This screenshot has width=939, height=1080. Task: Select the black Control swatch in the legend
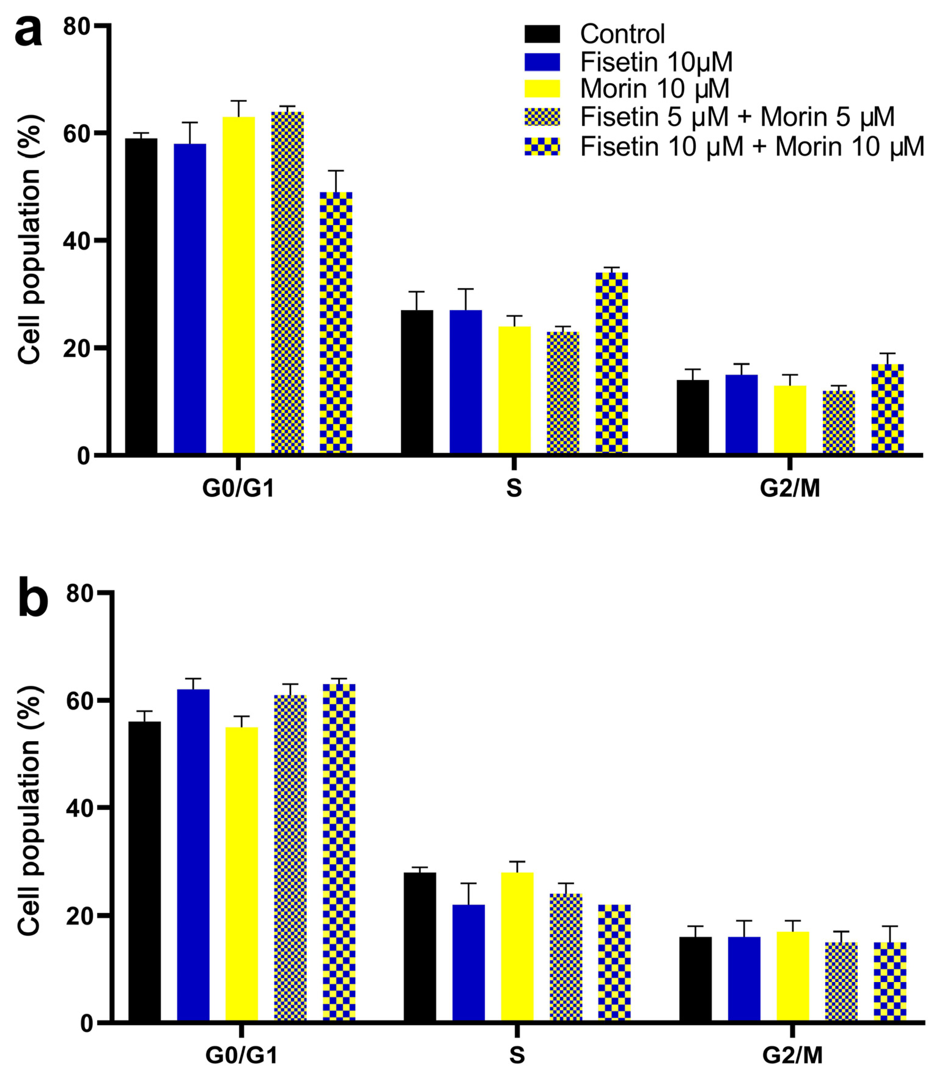tap(542, 34)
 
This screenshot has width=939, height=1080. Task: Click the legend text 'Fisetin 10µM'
tap(656, 62)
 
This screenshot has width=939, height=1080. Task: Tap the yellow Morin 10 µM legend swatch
tap(542, 89)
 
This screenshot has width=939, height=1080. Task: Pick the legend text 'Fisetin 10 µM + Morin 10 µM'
tap(752, 146)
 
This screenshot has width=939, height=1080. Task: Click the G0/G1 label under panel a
tap(238, 489)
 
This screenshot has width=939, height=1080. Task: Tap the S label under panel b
tap(517, 1055)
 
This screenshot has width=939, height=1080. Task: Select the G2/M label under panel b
tap(792, 1055)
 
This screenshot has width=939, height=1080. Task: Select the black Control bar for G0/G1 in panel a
tap(141, 296)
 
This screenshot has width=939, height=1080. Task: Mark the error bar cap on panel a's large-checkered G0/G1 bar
tap(336, 171)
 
